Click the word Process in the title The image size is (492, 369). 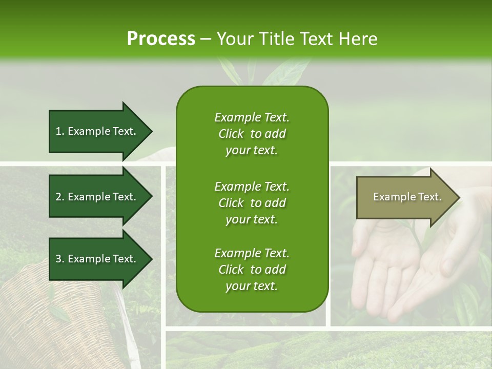[161, 39]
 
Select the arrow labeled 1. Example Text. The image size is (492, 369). [100, 131]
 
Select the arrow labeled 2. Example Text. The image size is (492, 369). [100, 197]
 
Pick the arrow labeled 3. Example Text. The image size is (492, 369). [100, 259]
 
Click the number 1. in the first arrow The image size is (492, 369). [59, 131]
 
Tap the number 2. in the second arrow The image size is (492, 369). [59, 197]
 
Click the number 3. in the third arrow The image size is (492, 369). [59, 259]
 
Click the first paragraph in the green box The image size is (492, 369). [252, 134]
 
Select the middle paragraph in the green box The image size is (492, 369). [252, 203]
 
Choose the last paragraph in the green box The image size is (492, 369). [252, 270]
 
